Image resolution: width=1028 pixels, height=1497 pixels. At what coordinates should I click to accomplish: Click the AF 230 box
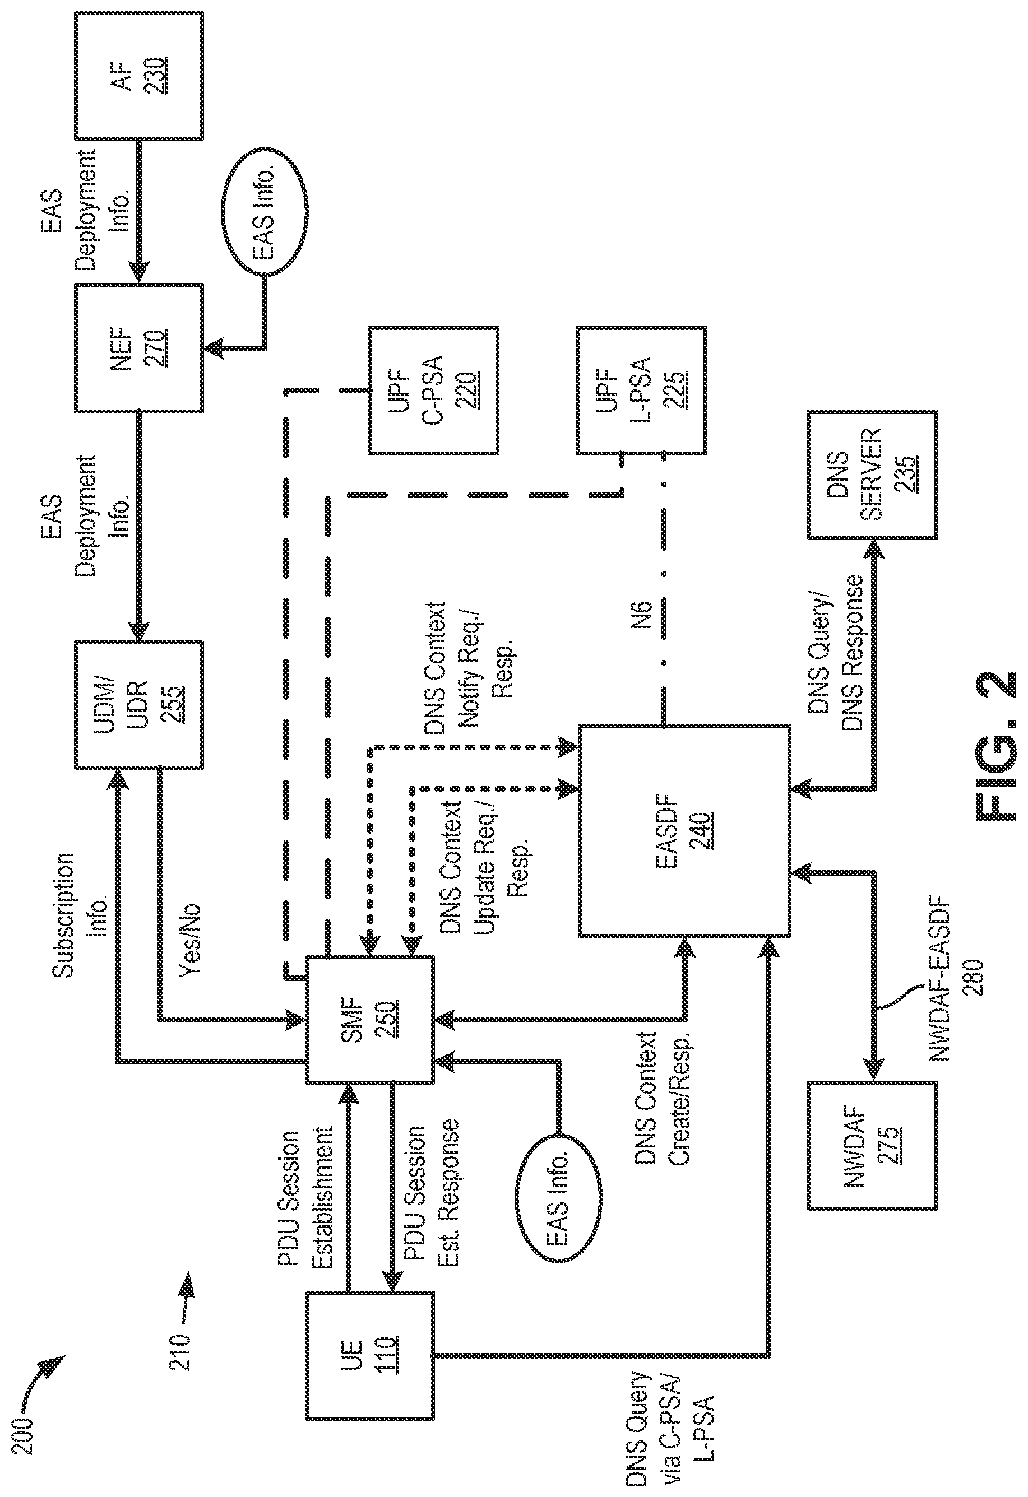(139, 76)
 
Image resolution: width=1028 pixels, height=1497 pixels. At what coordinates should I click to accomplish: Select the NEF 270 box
(139, 348)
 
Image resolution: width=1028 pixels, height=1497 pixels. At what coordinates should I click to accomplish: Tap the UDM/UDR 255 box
(139, 705)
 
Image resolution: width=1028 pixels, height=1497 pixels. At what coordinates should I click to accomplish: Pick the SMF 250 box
(369, 1020)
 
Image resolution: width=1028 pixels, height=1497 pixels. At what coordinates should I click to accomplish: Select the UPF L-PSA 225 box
(641, 390)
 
